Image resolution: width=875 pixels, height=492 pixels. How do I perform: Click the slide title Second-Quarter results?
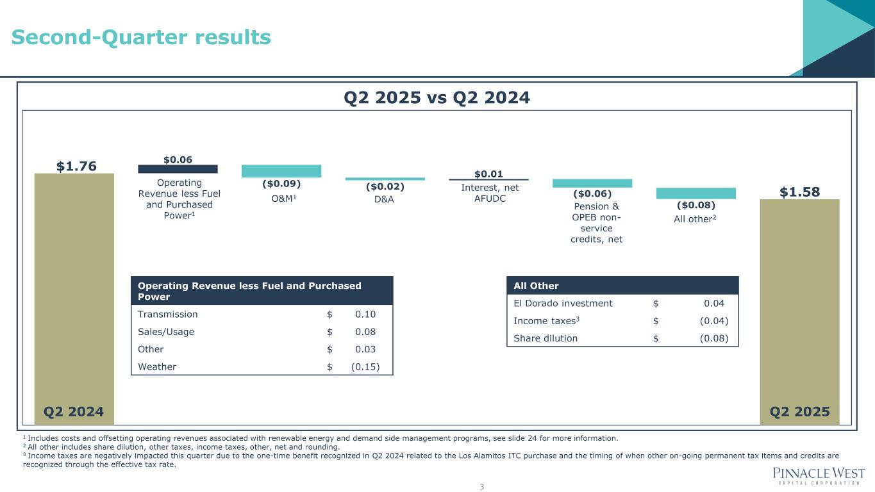141,38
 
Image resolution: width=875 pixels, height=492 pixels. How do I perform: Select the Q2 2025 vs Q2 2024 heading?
437,97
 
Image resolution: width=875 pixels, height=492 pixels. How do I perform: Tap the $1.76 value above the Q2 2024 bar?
76,167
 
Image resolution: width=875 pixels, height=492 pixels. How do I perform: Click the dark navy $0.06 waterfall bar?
178,169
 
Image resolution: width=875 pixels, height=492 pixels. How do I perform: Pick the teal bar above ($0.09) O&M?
281,171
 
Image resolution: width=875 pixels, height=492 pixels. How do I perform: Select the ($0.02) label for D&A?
385,187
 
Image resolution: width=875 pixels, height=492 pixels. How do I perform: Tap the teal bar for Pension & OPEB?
592,183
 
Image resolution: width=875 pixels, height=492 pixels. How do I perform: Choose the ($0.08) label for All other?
696,206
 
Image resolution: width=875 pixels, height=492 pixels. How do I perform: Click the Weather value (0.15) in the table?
365,367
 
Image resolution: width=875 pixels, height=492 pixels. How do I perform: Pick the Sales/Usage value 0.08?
365,332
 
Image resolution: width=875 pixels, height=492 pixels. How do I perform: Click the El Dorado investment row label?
563,304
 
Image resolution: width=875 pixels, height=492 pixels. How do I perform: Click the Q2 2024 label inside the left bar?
74,411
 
